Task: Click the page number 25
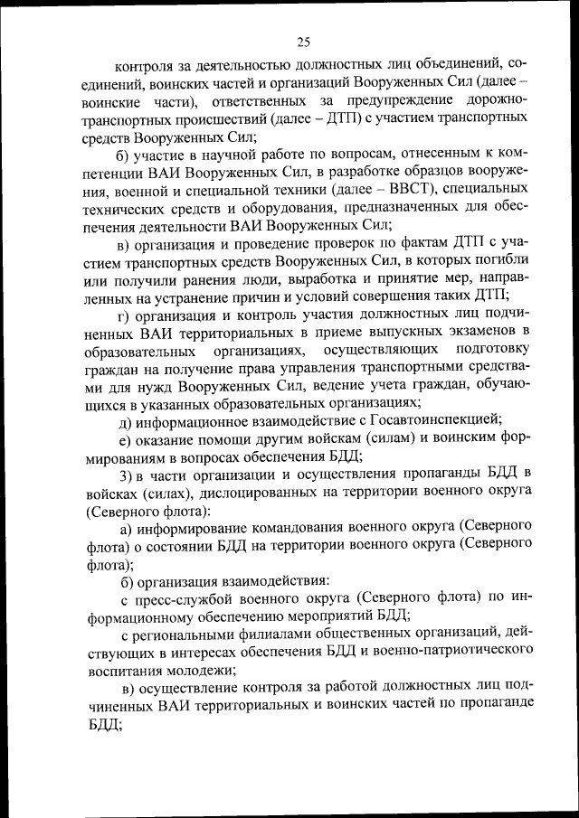303,40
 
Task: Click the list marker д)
127,420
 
